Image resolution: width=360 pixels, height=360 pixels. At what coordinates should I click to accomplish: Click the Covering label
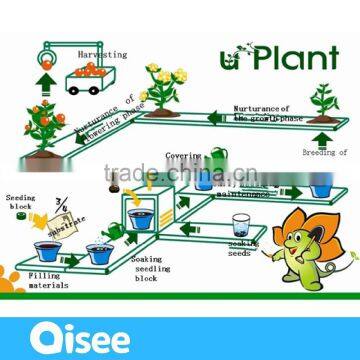(x=193, y=157)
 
